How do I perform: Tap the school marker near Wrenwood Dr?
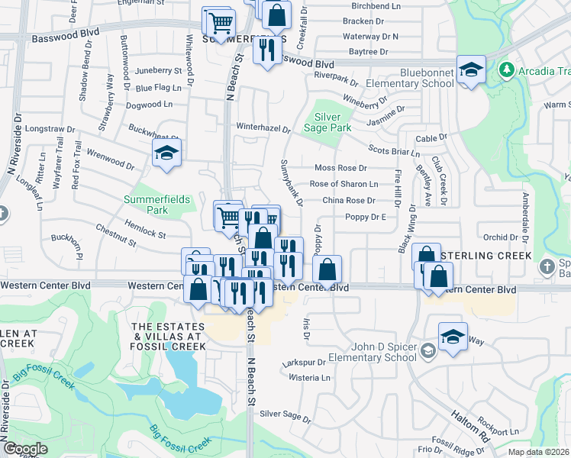pyautogui.click(x=166, y=153)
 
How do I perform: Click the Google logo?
pyautogui.click(x=24, y=449)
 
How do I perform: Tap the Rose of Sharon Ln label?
pyautogui.click(x=344, y=184)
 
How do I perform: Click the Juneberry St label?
pyautogui.click(x=158, y=71)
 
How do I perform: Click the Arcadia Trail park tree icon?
pyautogui.click(x=505, y=71)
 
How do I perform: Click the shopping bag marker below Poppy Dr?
pyautogui.click(x=327, y=269)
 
